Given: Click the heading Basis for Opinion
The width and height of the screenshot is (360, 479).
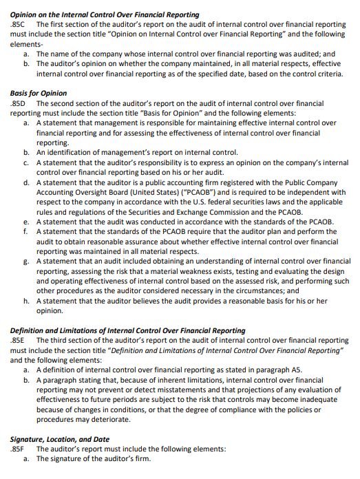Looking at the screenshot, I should (x=39, y=93).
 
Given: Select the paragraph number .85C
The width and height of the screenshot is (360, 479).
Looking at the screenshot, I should (x=19, y=24).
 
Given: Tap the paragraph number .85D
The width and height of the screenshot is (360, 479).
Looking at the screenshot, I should (x=19, y=103).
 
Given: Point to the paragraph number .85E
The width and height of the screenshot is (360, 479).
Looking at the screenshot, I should (x=19, y=340).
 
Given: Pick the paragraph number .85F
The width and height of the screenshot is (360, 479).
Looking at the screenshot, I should (x=19, y=449).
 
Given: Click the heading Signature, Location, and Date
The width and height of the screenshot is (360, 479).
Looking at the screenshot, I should (x=60, y=439).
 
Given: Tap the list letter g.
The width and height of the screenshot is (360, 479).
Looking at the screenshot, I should (x=26, y=262).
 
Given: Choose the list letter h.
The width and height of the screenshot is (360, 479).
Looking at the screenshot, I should (x=26, y=301).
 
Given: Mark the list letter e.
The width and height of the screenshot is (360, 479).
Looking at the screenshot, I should (x=26, y=222).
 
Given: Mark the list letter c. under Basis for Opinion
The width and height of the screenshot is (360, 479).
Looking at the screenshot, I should (x=26, y=162).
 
